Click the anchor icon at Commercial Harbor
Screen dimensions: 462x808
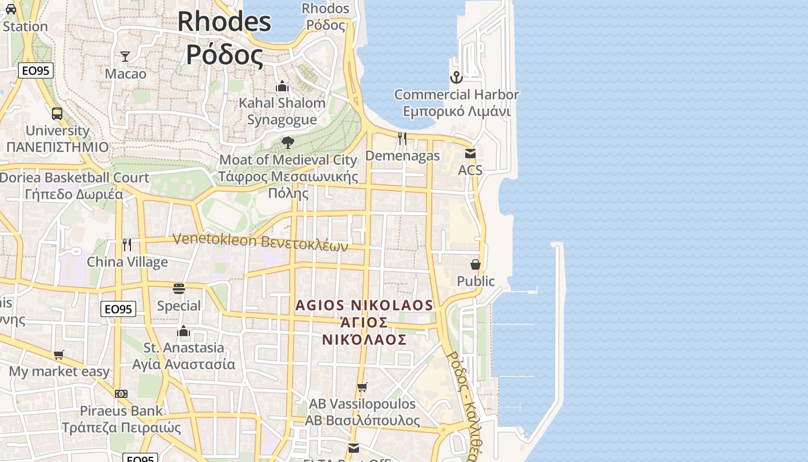click(457, 77)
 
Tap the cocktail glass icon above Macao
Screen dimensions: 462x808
click(125, 56)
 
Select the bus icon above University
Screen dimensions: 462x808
click(57, 113)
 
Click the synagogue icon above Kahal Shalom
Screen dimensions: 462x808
click(282, 86)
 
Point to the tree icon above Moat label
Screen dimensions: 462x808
click(287, 142)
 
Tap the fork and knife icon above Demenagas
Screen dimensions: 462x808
click(402, 138)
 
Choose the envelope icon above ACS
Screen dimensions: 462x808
click(470, 154)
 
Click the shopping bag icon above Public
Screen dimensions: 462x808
click(476, 264)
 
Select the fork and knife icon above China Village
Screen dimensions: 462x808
click(127, 245)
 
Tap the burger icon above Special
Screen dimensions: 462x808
click(179, 289)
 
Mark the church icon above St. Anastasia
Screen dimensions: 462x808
click(184, 331)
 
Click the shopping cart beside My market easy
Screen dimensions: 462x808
click(58, 355)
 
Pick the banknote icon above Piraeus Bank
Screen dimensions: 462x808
click(121, 394)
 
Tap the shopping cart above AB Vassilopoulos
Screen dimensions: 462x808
click(362, 387)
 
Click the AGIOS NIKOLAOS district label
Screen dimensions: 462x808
click(364, 305)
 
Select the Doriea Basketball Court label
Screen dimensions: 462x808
click(74, 178)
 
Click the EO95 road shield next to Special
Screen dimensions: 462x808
click(118, 309)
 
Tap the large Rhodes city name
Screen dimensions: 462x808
click(224, 22)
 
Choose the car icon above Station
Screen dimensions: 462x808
click(11, 9)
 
